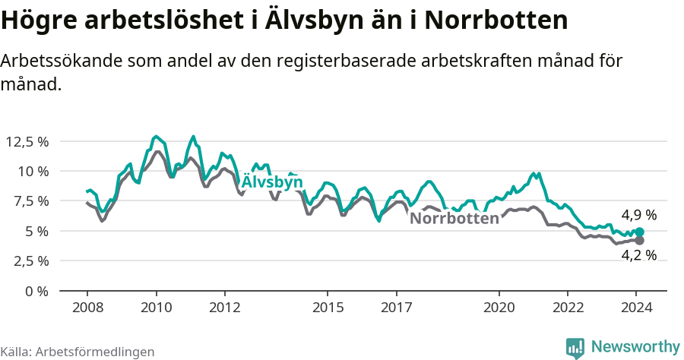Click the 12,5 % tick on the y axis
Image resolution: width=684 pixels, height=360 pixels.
[27, 141]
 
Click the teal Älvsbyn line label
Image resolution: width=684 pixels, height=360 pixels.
[272, 182]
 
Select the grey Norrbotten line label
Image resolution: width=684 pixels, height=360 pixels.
[454, 219]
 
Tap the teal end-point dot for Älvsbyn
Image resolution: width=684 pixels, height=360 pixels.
[639, 232]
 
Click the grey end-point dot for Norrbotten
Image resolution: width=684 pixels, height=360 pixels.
[639, 241]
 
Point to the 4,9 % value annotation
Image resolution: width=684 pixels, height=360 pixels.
[638, 215]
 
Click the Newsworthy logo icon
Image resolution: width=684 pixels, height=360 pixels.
[575, 347]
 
